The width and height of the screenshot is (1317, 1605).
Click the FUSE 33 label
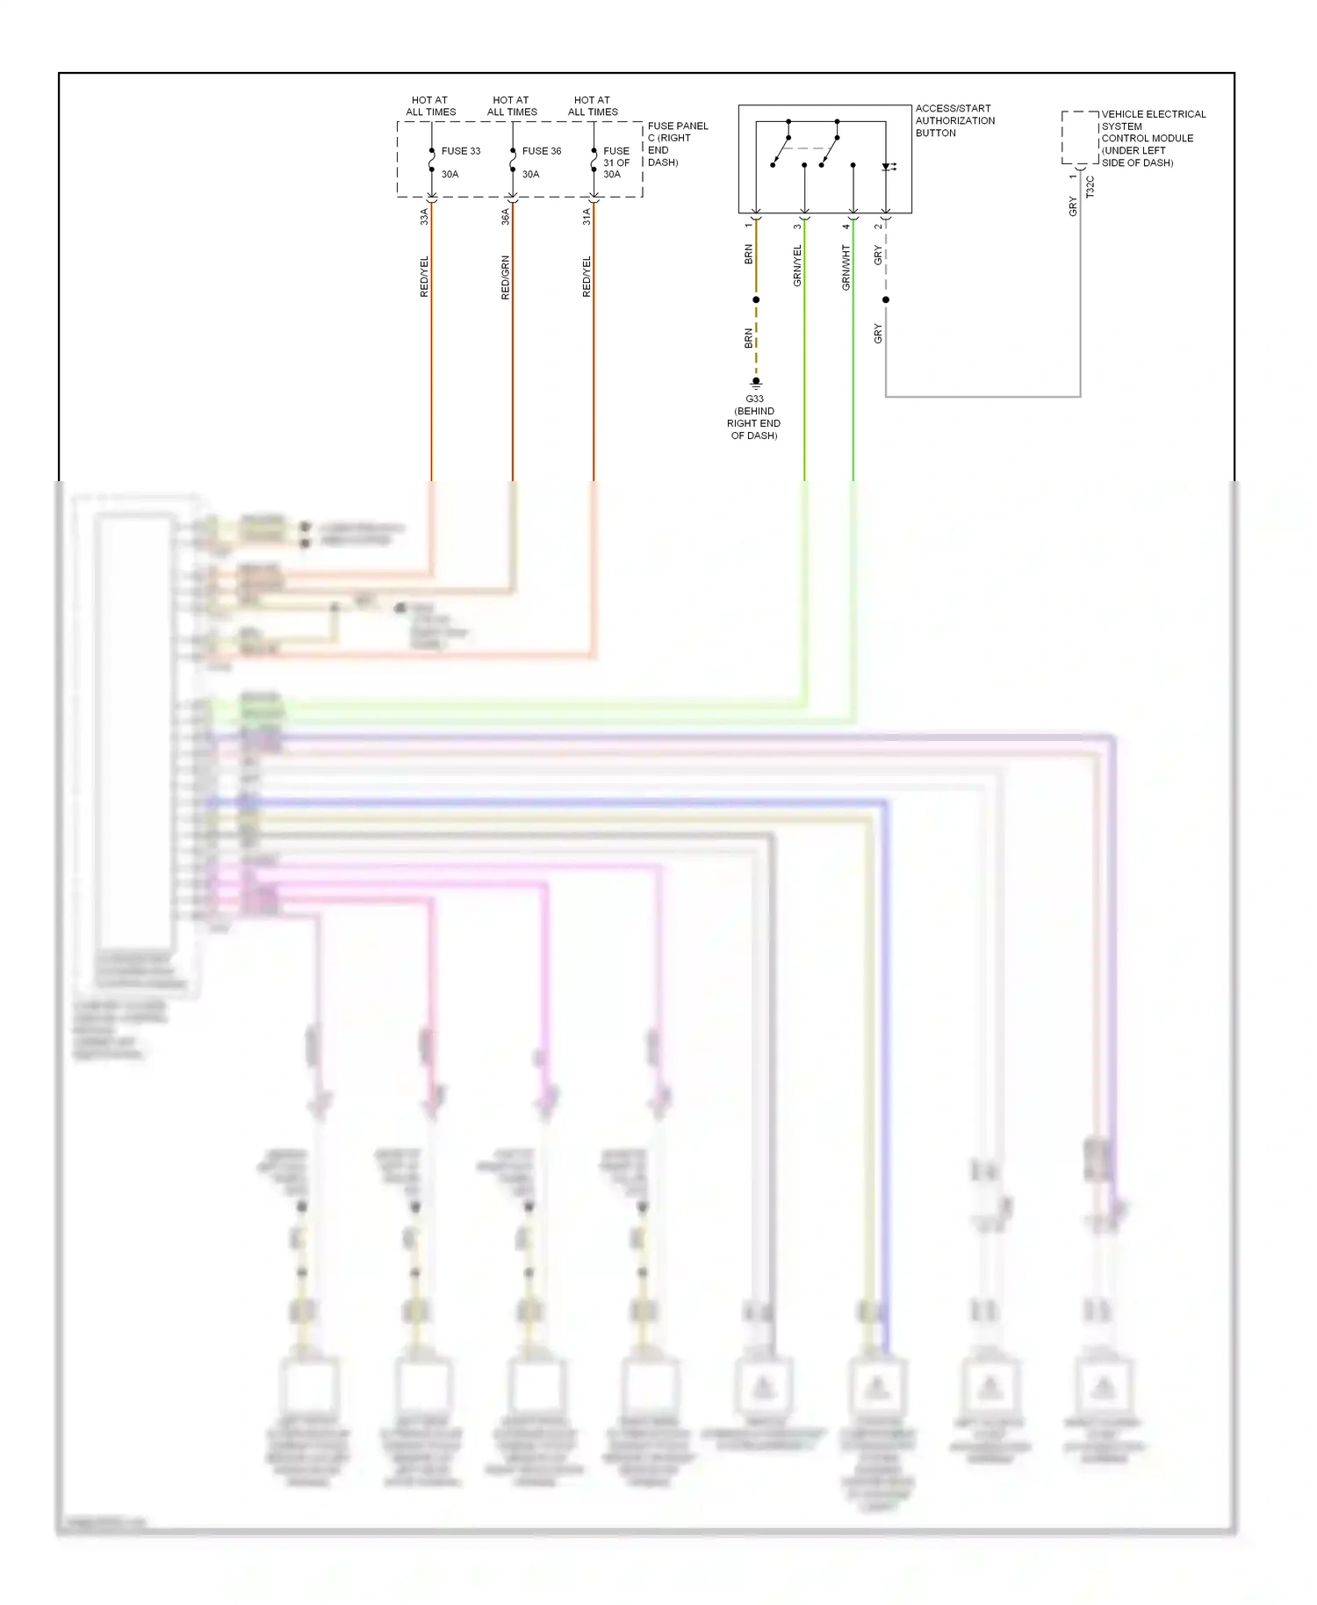460,151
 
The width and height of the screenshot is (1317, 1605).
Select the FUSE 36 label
541,151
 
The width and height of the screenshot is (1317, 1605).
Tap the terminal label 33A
424,216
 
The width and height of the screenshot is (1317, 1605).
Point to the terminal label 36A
506,216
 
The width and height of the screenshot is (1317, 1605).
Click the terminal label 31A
587,216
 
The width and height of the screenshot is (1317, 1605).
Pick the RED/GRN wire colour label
506,277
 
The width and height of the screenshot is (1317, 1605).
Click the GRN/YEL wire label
797,265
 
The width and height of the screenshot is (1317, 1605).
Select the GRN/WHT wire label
846,267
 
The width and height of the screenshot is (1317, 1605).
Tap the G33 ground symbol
756,383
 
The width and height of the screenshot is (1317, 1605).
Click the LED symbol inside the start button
888,167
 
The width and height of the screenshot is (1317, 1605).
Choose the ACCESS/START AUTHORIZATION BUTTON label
954,121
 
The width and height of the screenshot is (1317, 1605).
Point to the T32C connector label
1090,187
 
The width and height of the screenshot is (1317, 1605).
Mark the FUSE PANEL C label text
676,144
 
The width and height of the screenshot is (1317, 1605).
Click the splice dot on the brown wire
756,300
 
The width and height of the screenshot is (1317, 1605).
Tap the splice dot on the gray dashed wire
886,300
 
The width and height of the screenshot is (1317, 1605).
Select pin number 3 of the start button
797,227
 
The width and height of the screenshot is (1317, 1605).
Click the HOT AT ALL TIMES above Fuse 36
512,106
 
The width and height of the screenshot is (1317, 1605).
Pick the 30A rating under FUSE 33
450,175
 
